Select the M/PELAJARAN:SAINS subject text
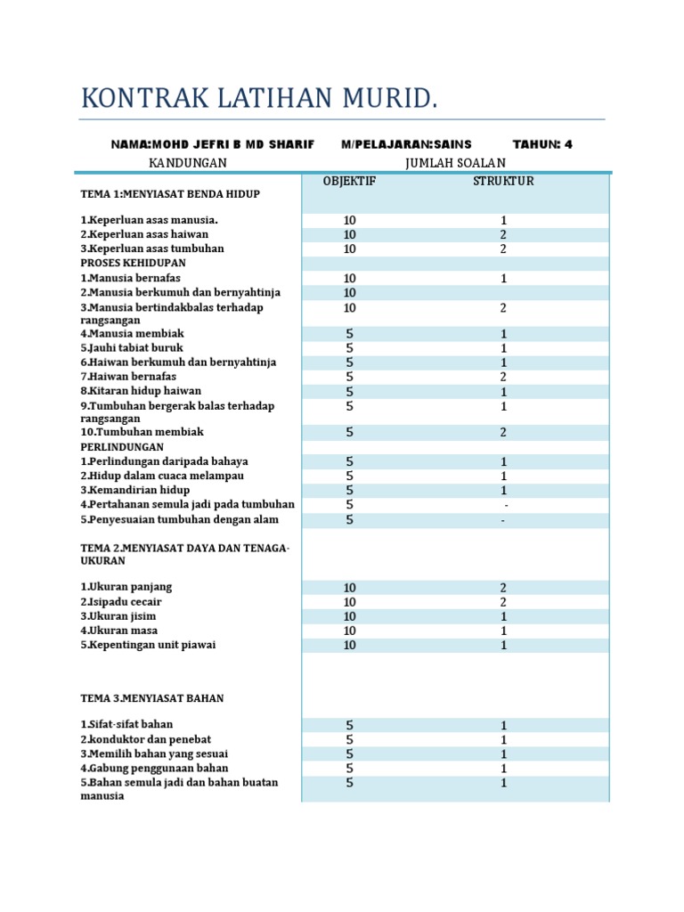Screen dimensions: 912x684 (x=406, y=144)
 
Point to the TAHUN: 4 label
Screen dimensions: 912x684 (x=542, y=144)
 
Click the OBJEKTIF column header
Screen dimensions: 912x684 (x=350, y=182)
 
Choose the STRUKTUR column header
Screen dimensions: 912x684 (x=503, y=182)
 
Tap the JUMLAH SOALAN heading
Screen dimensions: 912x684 (x=454, y=163)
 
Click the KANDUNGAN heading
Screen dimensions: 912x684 (x=187, y=163)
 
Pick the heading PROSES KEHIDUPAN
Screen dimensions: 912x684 (x=134, y=264)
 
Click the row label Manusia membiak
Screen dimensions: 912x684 (x=133, y=333)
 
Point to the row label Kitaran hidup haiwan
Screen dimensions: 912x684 (x=141, y=390)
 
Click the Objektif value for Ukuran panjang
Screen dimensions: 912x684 (x=350, y=588)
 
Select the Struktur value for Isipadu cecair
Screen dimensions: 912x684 (x=503, y=602)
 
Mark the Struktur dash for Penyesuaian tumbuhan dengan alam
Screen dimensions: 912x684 (x=503, y=520)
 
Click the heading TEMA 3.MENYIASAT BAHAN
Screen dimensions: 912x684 (x=152, y=699)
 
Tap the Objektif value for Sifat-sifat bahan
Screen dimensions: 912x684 (x=350, y=725)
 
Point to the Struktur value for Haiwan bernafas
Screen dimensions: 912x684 (x=503, y=377)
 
